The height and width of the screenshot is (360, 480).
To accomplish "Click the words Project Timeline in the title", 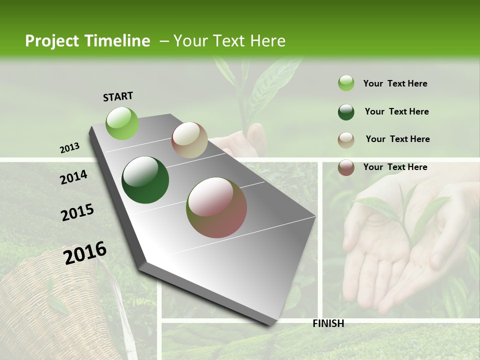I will (x=87, y=41).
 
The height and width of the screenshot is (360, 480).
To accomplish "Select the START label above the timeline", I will (x=118, y=96).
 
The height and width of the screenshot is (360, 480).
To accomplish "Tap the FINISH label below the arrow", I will (x=328, y=323).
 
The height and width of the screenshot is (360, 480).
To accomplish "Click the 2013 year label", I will (x=69, y=148).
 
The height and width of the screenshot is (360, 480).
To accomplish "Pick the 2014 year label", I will (x=73, y=177).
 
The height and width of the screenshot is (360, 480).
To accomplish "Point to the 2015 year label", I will (x=77, y=212).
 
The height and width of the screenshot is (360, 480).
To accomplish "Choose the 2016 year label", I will (x=85, y=252).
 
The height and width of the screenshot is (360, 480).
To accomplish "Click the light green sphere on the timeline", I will (x=122, y=123).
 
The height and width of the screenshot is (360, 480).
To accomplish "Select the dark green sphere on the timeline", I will (x=145, y=180).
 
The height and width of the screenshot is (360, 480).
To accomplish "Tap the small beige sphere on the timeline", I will (x=189, y=140).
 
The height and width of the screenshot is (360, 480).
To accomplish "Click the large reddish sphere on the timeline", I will (x=216, y=207).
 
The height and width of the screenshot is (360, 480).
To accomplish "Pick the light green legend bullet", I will (x=346, y=83).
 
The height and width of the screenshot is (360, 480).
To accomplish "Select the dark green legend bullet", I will (x=346, y=112).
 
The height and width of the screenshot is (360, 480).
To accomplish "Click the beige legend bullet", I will (x=346, y=139).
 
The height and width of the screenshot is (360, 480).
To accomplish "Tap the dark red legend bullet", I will (x=346, y=167).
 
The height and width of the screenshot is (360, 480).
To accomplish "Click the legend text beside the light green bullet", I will (x=395, y=83).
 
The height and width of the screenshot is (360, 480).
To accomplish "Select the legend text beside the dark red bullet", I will (x=395, y=167).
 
